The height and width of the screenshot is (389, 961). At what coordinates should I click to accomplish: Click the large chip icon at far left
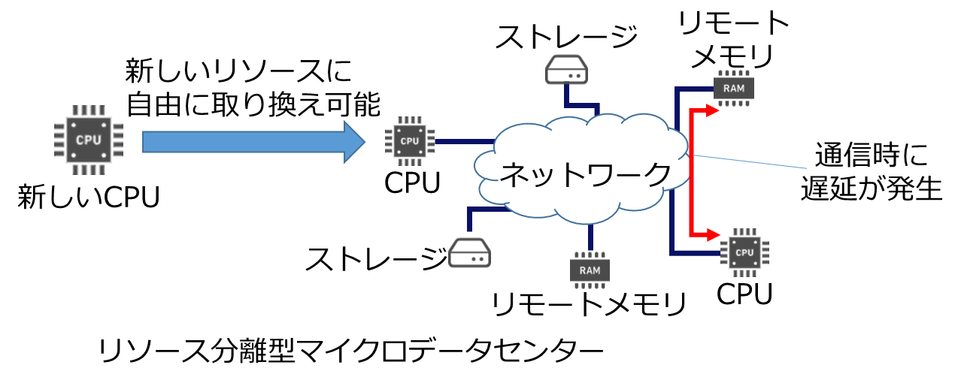[x=89, y=140]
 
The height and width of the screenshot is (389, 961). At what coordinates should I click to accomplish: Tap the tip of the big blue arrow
[x=364, y=141]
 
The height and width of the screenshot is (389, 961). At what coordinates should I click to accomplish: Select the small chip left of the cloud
[x=409, y=141]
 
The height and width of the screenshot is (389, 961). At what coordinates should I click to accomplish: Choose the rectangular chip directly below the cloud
[x=590, y=270]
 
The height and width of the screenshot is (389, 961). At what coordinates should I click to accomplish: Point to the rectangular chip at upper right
[x=733, y=88]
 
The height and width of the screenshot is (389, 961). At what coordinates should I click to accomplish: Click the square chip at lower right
[x=744, y=252]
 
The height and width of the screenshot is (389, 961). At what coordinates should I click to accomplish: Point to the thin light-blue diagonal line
[x=752, y=162]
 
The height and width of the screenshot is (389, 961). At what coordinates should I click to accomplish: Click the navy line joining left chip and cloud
[x=462, y=141]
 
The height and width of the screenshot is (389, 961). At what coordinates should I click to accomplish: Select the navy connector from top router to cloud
[x=584, y=105]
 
